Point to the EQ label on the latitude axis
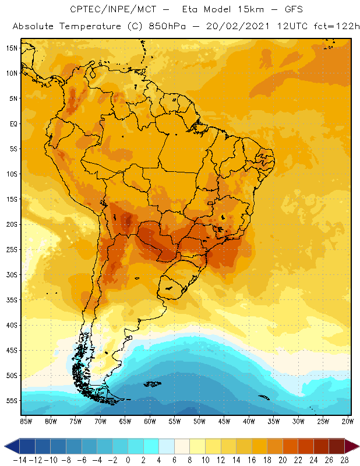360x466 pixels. point(12,123)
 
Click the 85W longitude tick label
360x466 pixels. point(26,421)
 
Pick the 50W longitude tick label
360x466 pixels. point(199,421)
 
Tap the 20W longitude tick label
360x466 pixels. point(347,421)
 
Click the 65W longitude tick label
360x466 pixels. point(125,421)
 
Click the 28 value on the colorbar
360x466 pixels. point(343,459)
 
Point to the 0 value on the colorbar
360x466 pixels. point(128,459)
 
